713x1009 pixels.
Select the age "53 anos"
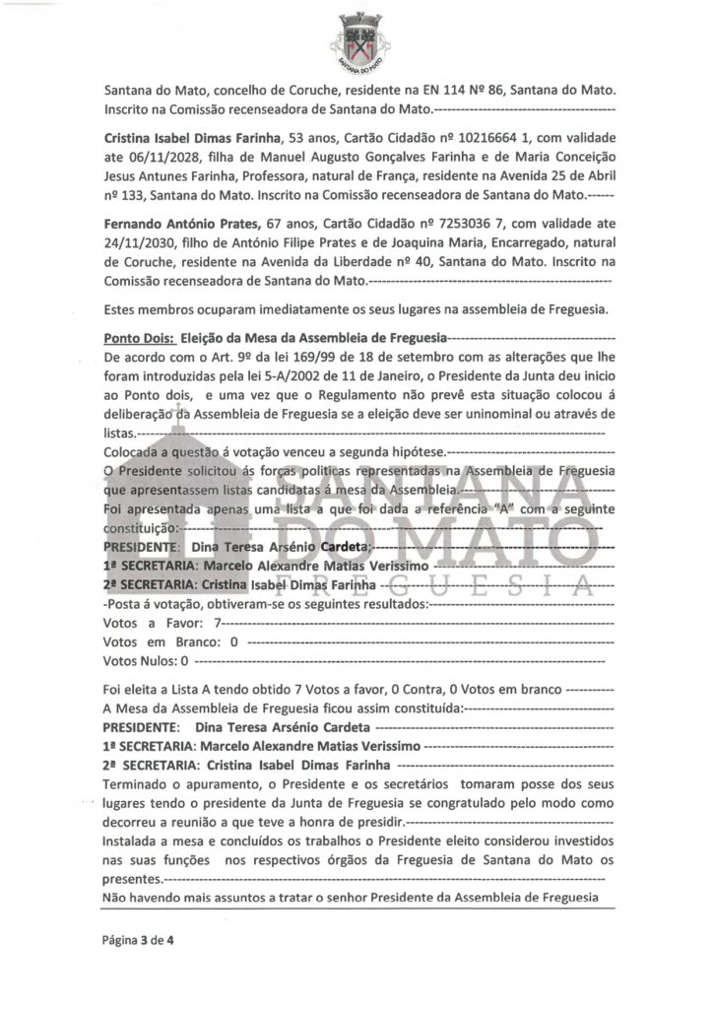tap(312, 138)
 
